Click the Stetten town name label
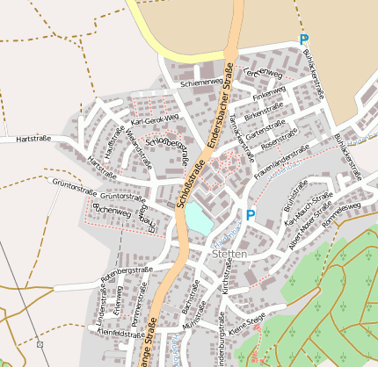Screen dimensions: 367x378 [229, 254]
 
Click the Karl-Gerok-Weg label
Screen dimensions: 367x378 [155, 119]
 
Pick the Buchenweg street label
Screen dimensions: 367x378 [112, 212]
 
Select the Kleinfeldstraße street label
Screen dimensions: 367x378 [121, 334]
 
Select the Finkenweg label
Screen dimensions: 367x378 [269, 93]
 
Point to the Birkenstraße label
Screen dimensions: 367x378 [264, 112]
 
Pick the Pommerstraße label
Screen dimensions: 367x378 [136, 313]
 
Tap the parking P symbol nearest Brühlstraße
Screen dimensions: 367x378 [251, 215]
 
